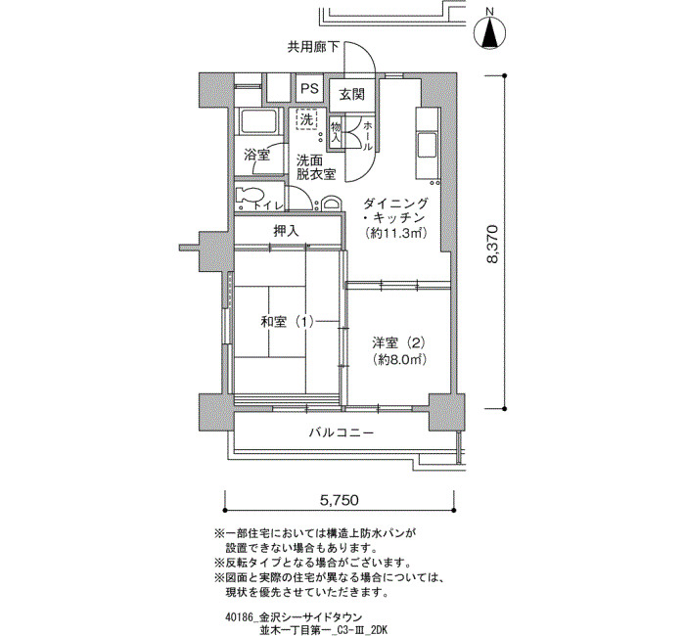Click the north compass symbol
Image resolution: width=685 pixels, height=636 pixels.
(x=489, y=29)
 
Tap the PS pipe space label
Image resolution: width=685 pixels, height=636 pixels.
(x=310, y=89)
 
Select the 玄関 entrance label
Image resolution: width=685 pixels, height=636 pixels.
(x=352, y=94)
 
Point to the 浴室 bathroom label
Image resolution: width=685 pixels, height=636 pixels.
(x=256, y=155)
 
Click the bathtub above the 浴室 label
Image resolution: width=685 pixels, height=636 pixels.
(x=258, y=121)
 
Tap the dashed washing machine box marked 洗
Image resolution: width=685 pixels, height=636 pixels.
(x=307, y=118)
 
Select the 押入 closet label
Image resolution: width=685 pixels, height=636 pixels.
(x=286, y=231)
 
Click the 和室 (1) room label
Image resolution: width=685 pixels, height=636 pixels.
(x=287, y=322)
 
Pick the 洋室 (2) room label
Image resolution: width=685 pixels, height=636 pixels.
(x=399, y=342)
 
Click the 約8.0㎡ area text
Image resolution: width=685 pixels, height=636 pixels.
(x=399, y=359)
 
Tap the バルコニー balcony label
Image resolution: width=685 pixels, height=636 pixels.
(x=342, y=432)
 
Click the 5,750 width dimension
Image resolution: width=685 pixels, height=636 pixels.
(x=340, y=500)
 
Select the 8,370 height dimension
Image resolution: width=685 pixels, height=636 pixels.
(x=492, y=244)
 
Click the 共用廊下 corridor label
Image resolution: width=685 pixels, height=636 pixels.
(x=313, y=47)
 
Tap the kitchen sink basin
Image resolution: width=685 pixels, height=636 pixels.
(x=427, y=145)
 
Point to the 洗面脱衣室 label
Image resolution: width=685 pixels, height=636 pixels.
(x=316, y=167)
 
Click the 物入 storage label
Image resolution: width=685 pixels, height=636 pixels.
(x=336, y=132)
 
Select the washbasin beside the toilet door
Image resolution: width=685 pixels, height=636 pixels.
(x=331, y=204)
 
